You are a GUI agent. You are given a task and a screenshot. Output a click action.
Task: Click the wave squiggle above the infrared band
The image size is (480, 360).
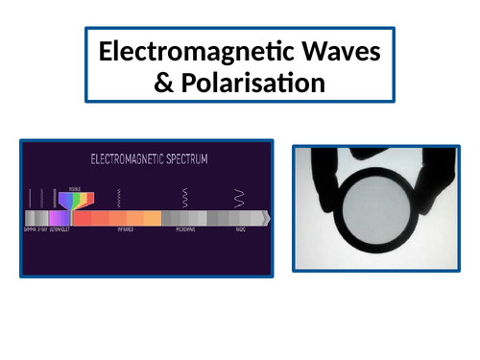click(118, 198)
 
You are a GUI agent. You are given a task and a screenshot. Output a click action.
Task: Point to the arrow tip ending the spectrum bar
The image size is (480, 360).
click(268, 219)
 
